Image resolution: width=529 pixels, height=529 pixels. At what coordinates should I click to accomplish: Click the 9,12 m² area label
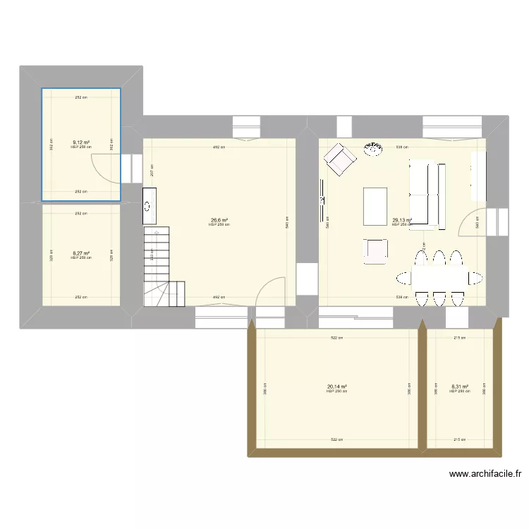[x=80, y=142]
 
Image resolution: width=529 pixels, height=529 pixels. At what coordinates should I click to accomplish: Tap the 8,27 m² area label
[x=80, y=252]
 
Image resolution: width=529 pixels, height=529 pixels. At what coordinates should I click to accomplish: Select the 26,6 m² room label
[x=219, y=220]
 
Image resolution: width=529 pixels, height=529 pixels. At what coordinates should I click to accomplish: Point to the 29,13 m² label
[x=402, y=220]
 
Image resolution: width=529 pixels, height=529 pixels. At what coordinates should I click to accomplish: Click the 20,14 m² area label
[x=337, y=387]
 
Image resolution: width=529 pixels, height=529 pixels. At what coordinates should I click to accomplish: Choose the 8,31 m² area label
[x=458, y=387]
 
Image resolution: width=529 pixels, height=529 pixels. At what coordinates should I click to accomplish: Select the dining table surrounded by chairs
[x=438, y=276]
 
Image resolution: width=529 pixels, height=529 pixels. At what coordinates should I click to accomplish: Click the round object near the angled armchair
[x=372, y=147]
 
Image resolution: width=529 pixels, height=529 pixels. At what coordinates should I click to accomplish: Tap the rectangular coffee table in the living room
[x=375, y=206]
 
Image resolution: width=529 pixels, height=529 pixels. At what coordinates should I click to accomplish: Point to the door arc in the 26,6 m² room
[x=271, y=291]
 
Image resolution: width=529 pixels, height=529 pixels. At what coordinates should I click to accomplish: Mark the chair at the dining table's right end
[x=473, y=276]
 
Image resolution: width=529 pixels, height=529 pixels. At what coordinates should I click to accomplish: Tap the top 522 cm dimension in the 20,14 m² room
[x=338, y=339]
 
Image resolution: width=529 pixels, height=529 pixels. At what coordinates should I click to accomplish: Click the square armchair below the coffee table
[x=376, y=250]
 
